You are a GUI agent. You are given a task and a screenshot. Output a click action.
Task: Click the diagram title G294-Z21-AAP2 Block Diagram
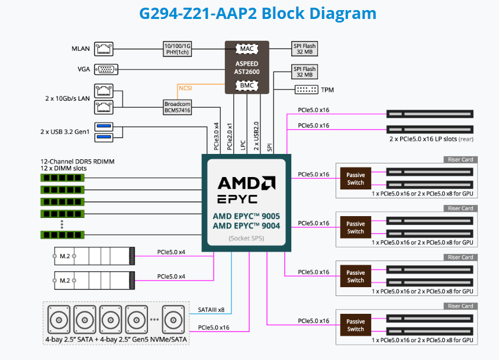point(249,13)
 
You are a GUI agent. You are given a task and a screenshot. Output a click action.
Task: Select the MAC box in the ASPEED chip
point(246,48)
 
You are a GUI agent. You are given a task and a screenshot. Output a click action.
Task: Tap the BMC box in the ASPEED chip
point(246,86)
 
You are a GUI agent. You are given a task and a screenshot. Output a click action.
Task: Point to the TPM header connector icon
point(306,89)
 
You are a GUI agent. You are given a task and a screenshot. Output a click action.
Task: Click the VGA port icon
point(106,69)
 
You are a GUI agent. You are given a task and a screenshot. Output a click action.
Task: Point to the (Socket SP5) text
point(246,239)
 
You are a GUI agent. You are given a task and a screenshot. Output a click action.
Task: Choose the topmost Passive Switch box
point(356,179)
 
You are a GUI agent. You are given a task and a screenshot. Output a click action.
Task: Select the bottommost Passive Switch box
point(356,325)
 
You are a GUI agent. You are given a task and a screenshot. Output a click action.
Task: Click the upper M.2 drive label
point(65,256)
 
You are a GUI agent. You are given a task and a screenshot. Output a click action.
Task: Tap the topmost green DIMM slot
point(62,177)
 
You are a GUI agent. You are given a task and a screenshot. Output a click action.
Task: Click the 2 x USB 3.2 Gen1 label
point(65,131)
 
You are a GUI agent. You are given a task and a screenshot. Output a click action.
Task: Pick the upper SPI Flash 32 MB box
point(305,48)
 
